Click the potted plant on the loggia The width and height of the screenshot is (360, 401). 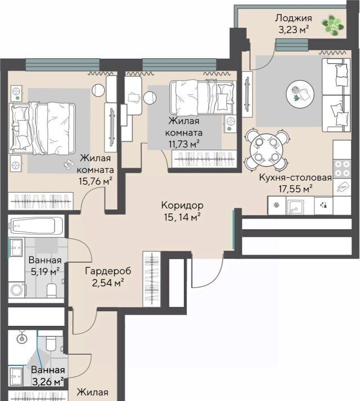pos(333,25)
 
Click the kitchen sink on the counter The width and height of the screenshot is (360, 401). pos(296,206)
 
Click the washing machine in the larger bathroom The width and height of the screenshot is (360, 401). pos(17,290)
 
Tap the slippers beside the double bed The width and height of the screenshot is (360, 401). pos(68,164)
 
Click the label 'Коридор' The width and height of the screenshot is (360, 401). pos(182,205)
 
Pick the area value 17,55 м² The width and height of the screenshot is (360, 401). pos(295,189)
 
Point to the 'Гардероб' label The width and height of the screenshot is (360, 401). pos(108,271)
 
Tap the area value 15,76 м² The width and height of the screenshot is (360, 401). pos(95,181)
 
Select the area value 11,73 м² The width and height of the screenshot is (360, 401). pos(184,144)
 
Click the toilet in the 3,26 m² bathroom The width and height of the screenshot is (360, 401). pos(51,343)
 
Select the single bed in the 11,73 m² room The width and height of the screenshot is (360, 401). pos(202,97)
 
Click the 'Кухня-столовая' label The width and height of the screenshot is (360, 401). pos(295,177)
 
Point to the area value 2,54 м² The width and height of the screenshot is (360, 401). pos(108,283)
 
